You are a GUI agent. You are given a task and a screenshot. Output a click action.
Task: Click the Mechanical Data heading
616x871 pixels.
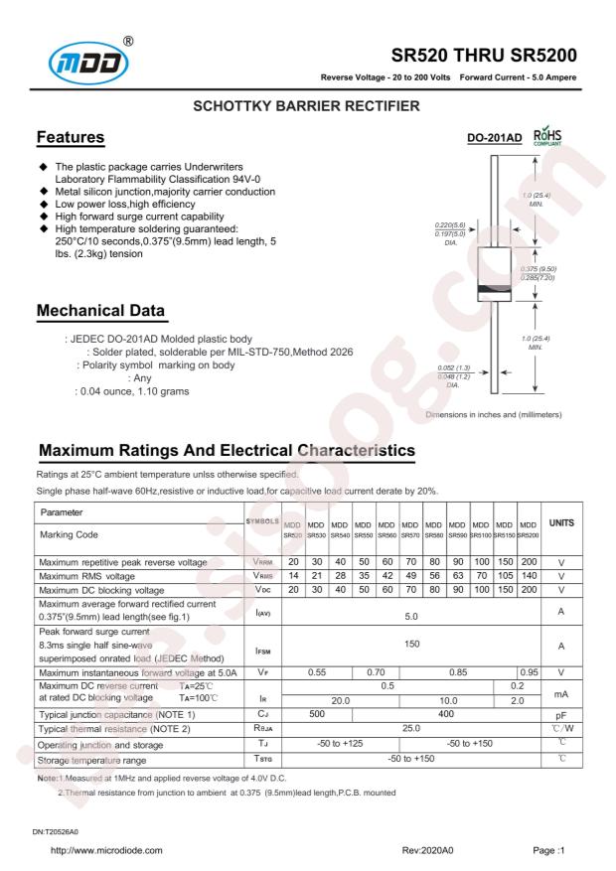pos(101,312)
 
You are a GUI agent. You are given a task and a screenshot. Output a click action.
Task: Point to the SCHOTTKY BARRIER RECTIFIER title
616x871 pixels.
pos(308,104)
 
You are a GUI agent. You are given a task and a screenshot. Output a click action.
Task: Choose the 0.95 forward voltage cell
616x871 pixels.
pos(528,672)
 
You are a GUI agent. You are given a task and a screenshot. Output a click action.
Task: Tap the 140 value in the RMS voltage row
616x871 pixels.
pos(528,576)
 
